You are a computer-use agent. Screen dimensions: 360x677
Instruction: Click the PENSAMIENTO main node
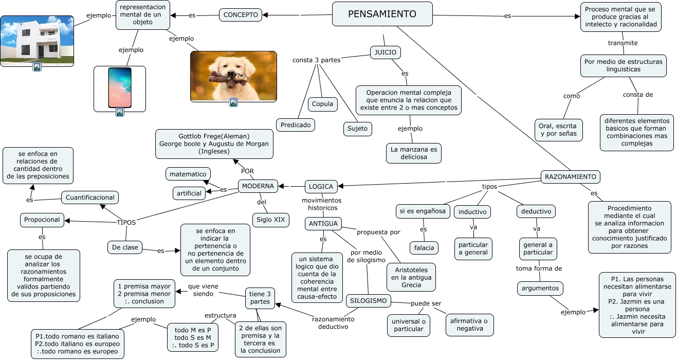point(382,14)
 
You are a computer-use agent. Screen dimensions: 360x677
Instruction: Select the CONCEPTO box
point(241,15)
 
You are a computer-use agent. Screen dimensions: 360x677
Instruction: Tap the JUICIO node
point(385,52)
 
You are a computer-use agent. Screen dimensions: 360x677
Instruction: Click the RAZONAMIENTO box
point(570,176)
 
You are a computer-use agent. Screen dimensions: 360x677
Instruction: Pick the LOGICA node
point(321,186)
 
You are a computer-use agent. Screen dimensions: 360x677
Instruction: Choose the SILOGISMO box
point(368,301)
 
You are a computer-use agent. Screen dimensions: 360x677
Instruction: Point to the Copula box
point(322,104)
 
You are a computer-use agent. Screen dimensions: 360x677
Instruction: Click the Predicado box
point(296,124)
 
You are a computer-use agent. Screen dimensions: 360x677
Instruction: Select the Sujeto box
point(357,129)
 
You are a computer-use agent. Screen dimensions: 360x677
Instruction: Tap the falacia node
point(424,248)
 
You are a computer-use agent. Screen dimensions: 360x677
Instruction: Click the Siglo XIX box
point(271,220)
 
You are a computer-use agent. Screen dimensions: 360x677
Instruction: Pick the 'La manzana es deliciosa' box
point(414,153)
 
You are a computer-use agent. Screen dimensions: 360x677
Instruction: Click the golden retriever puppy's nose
point(227,74)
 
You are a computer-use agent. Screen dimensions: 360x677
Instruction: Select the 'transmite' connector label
point(623,43)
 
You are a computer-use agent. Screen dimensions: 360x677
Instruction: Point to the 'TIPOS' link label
point(126,223)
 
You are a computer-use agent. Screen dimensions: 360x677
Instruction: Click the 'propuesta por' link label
point(378,232)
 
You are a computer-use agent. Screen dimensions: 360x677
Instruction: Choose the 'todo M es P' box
point(193,337)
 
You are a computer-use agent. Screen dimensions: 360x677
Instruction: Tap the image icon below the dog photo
point(233,102)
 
